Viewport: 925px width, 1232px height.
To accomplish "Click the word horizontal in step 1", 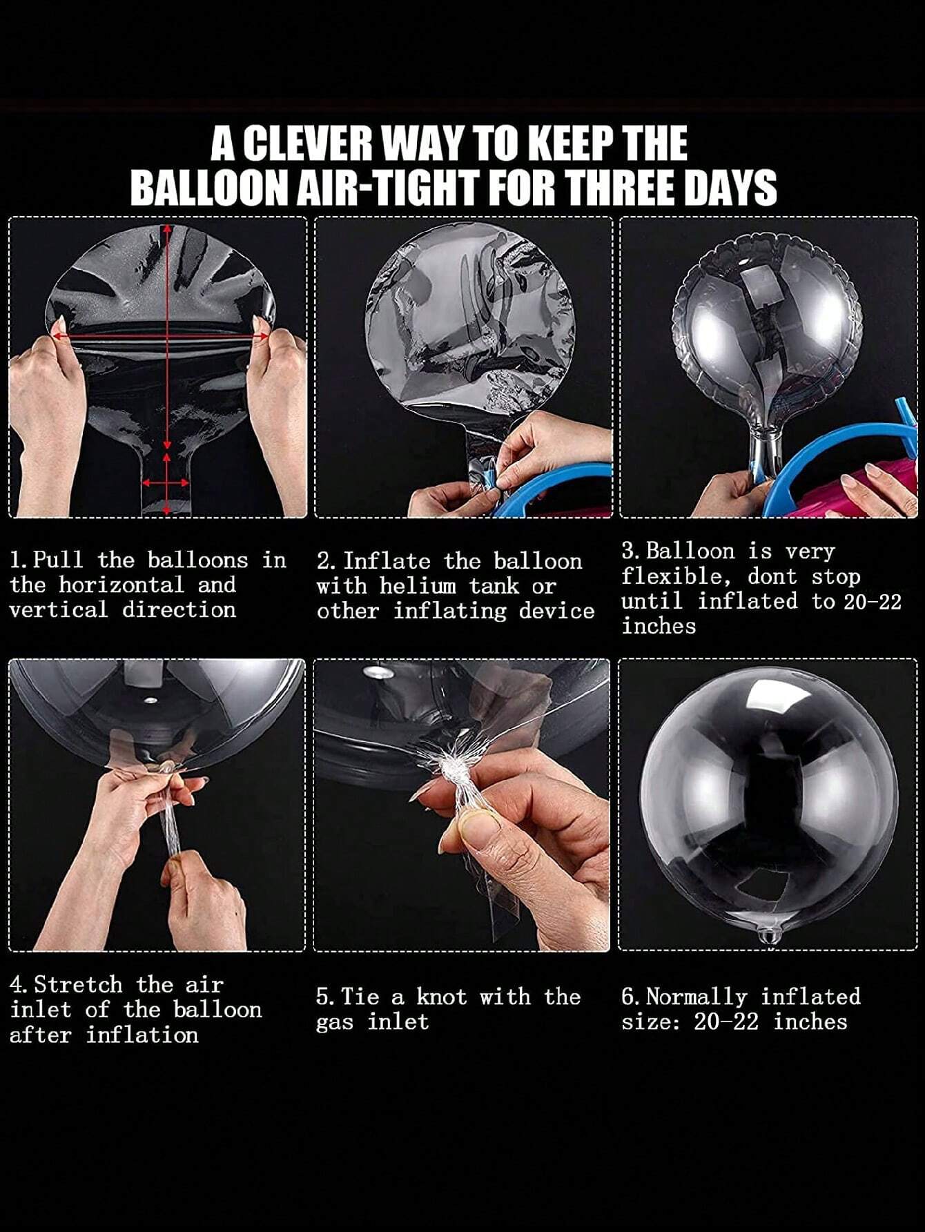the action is click(121, 585).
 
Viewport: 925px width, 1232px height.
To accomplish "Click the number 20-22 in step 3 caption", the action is click(873, 601).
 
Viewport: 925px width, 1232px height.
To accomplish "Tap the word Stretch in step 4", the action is click(79, 984).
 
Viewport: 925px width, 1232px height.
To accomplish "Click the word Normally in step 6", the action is click(697, 997).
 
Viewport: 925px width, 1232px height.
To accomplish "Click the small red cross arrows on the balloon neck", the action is click(166, 482).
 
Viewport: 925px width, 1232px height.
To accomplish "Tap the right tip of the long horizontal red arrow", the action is click(269, 336).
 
